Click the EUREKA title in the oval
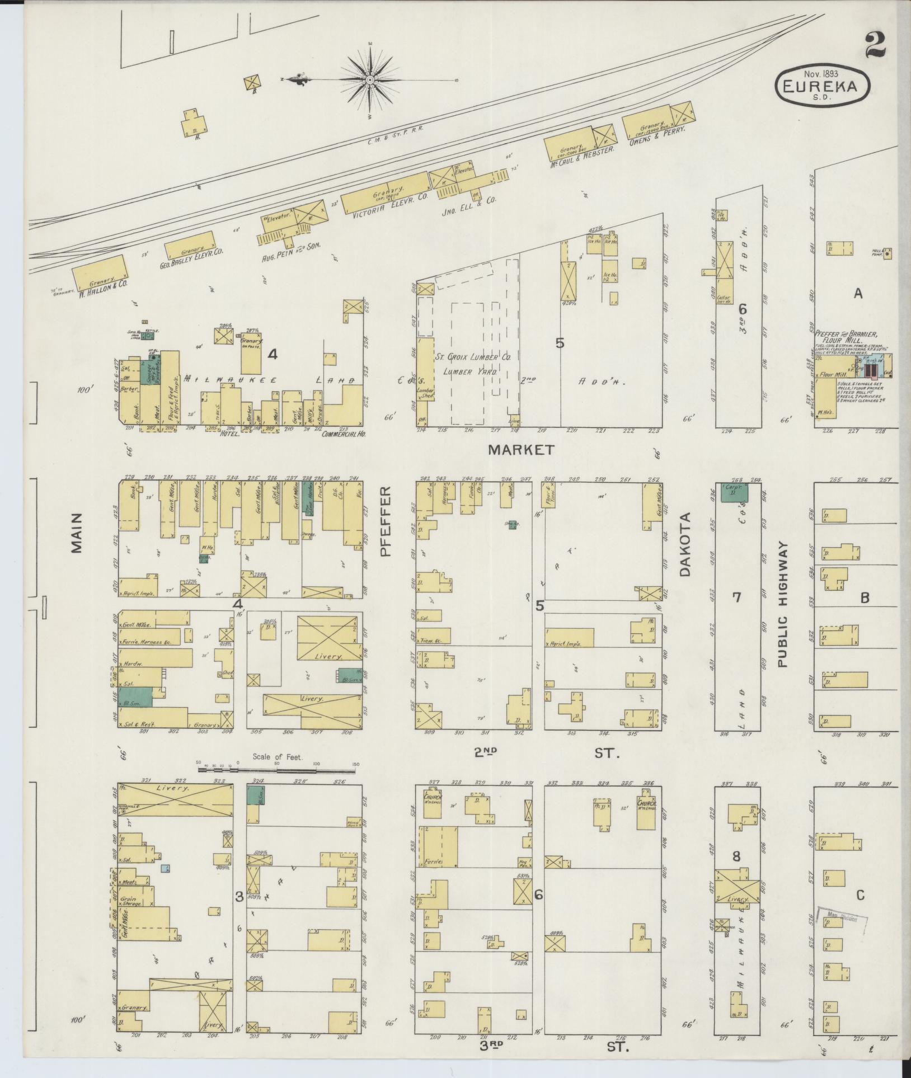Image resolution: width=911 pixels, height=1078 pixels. click(x=823, y=86)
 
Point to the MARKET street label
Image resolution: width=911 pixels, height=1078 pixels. click(x=520, y=449)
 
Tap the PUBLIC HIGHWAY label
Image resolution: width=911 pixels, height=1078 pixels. click(x=782, y=604)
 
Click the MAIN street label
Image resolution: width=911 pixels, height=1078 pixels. click(x=76, y=533)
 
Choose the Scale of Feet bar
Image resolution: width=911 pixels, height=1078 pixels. click(x=277, y=770)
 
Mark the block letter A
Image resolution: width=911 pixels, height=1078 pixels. click(x=858, y=294)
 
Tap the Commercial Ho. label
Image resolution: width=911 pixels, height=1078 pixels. click(x=343, y=434)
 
